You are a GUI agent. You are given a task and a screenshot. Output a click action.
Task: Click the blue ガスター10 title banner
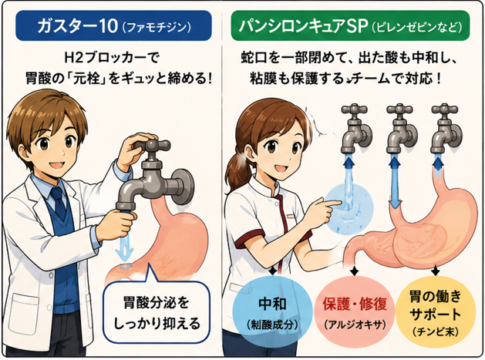pyautogui.click(x=113, y=25)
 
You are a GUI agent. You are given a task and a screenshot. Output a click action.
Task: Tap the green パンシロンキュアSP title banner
pyautogui.click(x=350, y=25)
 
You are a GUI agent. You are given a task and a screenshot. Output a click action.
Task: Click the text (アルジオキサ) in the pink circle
pyautogui.click(x=355, y=325)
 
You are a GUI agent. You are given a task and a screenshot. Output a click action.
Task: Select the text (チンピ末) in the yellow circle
pyautogui.click(x=435, y=331)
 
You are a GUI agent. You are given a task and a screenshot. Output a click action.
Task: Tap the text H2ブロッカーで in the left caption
pyautogui.click(x=112, y=58)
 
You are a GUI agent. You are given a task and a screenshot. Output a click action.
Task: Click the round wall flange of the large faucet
pyautogui.click(x=183, y=187)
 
